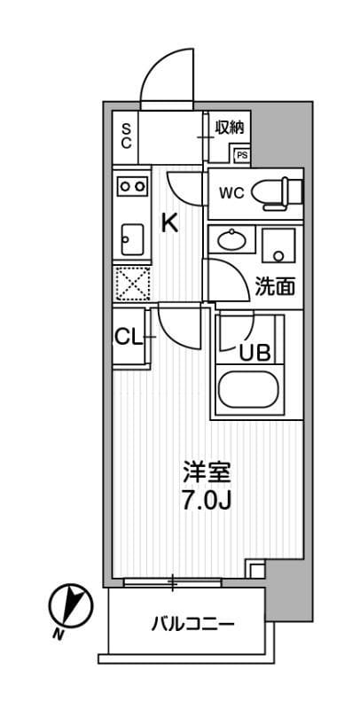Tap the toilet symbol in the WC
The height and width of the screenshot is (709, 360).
[x=277, y=191]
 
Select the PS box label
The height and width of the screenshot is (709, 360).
[x=241, y=155]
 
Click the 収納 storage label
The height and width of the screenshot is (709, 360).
[x=229, y=128]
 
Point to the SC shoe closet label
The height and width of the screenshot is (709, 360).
[x=127, y=135]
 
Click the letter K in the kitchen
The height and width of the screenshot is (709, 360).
[x=168, y=223]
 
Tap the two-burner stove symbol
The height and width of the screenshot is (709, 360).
[x=132, y=186]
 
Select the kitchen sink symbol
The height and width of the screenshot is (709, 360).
[x=131, y=237]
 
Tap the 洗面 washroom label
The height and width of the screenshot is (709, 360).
[x=274, y=287]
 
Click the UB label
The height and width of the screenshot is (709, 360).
[x=254, y=351]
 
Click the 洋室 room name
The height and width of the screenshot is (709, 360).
[x=207, y=473]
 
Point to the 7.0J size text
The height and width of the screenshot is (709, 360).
[x=207, y=502]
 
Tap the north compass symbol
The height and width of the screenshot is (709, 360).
[x=70, y=605]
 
